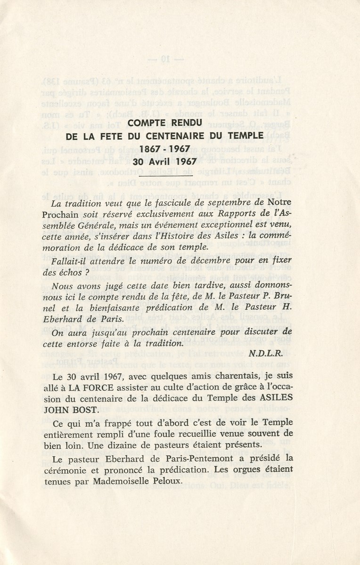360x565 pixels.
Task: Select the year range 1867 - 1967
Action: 164,148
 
